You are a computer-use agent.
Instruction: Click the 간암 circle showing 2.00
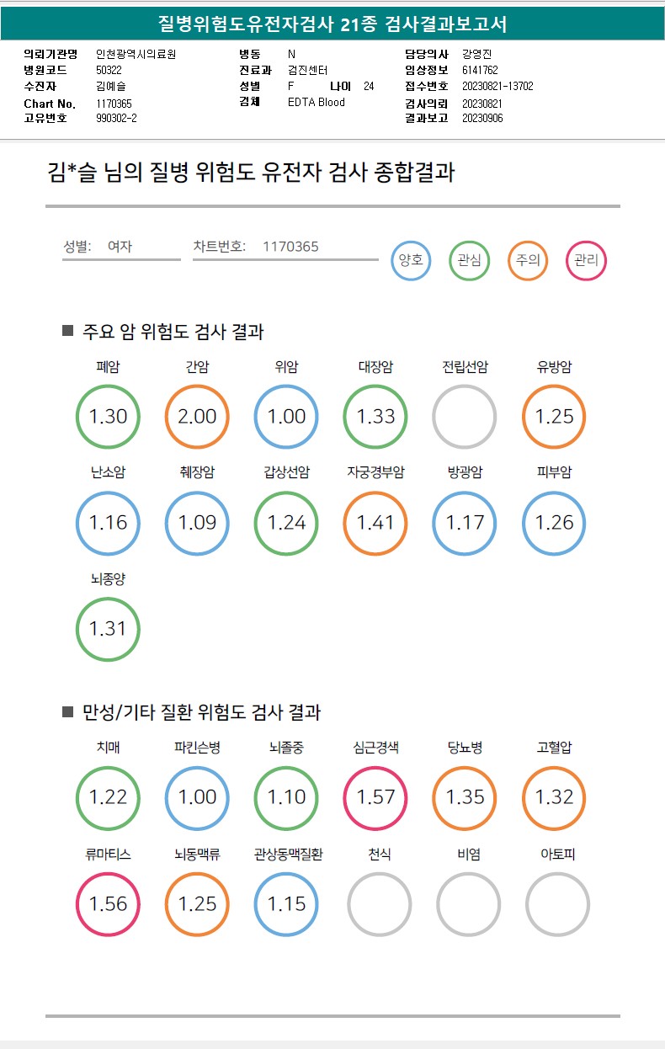click(x=198, y=417)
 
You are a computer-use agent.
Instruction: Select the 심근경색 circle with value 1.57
click(x=376, y=797)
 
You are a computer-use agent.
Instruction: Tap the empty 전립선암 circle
click(x=465, y=417)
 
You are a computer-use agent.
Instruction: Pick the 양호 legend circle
click(x=411, y=260)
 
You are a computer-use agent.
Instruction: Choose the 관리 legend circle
click(x=587, y=260)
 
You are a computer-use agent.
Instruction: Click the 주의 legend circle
click(x=528, y=260)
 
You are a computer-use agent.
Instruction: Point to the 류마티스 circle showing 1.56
click(x=109, y=904)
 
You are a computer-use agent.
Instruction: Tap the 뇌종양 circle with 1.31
click(x=109, y=629)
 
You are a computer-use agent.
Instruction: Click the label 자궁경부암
click(x=375, y=472)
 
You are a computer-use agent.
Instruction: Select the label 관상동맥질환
click(x=288, y=855)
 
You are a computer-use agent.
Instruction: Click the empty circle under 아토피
click(x=557, y=904)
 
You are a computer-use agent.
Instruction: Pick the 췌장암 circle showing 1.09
click(x=198, y=523)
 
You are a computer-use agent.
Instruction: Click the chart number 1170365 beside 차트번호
click(x=290, y=247)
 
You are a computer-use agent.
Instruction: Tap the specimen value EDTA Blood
click(x=317, y=102)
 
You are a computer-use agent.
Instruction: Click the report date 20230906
click(x=482, y=119)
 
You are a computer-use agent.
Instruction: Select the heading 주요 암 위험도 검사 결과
click(x=173, y=332)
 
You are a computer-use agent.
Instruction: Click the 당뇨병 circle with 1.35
click(x=465, y=797)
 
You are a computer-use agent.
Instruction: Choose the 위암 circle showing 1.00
click(x=287, y=417)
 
